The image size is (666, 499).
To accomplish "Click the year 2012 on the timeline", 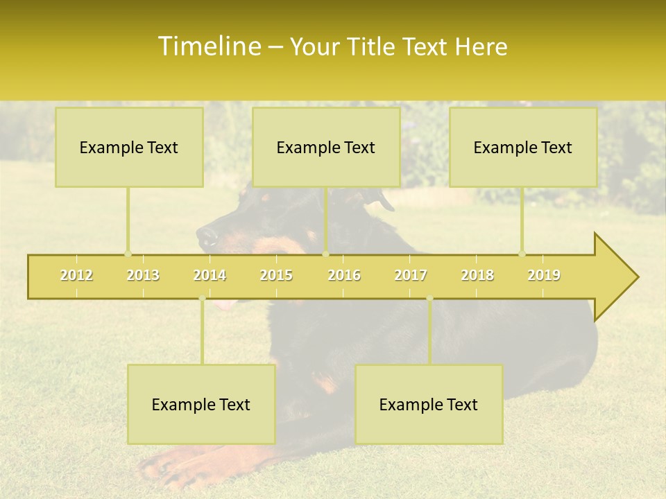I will click(x=76, y=275).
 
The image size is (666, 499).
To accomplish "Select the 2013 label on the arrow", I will click(x=143, y=275).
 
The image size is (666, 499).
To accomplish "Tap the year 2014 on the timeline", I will click(x=210, y=275).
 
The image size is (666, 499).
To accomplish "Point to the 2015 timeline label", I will click(x=276, y=275).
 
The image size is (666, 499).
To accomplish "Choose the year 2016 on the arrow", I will click(x=344, y=275).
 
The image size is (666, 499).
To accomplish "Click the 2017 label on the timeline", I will click(x=411, y=275).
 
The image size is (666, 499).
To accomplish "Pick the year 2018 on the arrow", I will click(x=477, y=275).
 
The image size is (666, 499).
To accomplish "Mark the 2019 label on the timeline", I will click(x=544, y=275).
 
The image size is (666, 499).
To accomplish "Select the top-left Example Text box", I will click(x=129, y=147).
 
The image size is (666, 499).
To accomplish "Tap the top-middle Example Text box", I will click(x=326, y=147).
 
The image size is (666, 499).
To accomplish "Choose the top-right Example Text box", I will click(x=523, y=147).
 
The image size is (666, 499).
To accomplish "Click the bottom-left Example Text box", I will click(x=201, y=404).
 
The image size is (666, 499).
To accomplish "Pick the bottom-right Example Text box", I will click(x=429, y=404).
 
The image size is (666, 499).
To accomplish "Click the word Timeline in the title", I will click(x=208, y=46).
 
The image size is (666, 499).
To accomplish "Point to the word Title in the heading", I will click(x=373, y=47).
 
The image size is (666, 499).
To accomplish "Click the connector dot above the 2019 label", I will click(x=522, y=254).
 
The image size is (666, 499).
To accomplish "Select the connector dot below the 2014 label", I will click(x=202, y=299).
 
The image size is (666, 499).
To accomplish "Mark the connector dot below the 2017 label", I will click(x=429, y=299).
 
